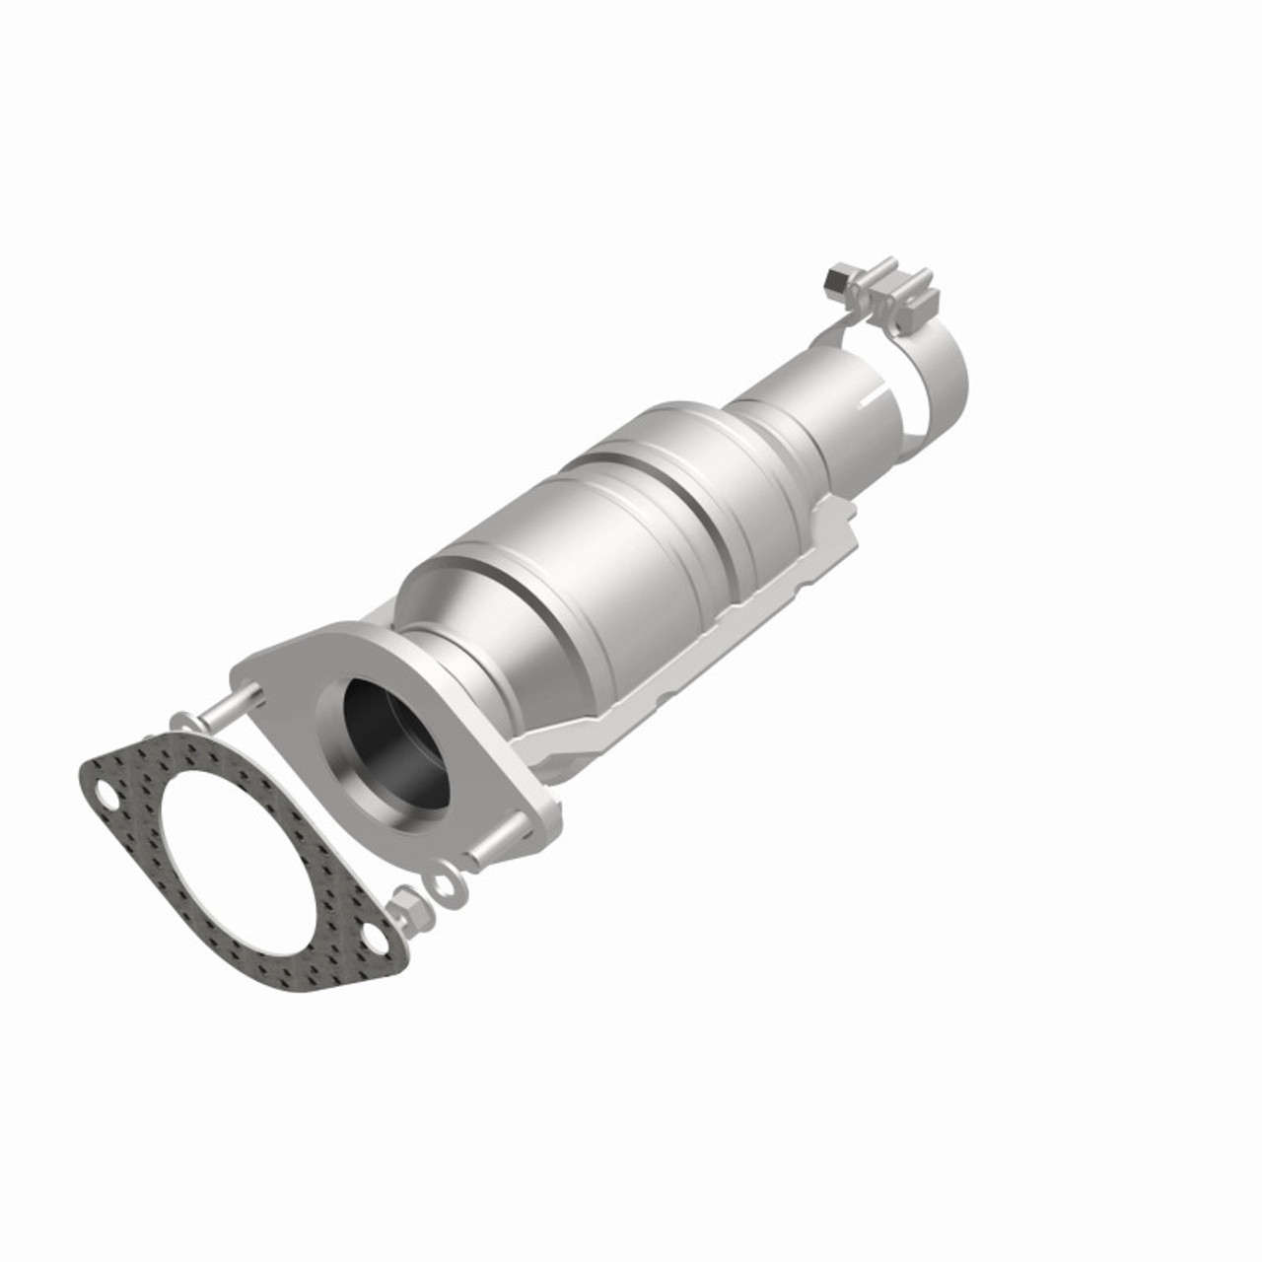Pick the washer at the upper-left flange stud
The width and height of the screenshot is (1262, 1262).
point(182,723)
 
